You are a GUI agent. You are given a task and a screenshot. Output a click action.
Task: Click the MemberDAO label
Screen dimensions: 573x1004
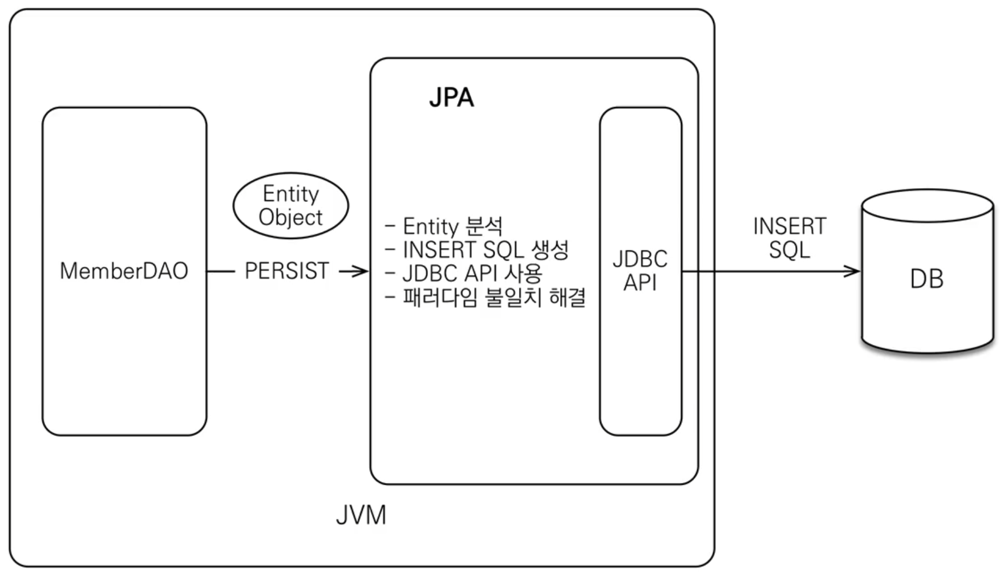tap(124, 271)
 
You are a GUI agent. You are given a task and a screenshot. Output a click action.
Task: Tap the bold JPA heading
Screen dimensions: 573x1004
tap(451, 97)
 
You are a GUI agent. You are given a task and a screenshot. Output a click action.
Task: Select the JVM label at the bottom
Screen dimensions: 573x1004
tap(361, 515)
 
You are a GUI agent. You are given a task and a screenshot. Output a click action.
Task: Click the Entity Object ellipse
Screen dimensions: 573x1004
tap(290, 206)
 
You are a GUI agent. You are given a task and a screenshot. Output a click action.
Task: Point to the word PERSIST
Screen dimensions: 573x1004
tap(286, 271)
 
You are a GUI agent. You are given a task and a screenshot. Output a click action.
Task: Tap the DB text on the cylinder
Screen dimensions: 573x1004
tap(926, 279)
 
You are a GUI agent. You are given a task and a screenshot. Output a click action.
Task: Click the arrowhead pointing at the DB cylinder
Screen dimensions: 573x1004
tap(852, 271)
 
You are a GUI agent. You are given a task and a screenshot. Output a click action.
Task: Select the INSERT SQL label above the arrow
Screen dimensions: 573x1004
tap(790, 238)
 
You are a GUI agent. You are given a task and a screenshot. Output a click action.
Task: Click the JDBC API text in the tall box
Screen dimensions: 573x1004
tap(640, 271)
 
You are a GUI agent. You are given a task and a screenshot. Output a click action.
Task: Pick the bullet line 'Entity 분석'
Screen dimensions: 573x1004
tap(445, 226)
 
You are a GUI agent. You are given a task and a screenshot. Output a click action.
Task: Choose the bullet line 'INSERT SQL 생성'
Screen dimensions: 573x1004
tap(478, 250)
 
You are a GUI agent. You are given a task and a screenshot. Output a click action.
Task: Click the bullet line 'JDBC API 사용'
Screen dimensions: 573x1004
tap(464, 273)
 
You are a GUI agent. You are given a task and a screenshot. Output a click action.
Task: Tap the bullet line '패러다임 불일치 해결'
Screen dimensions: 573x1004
tap(486, 297)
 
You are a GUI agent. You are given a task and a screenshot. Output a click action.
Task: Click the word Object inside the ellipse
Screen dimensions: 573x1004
tap(290, 217)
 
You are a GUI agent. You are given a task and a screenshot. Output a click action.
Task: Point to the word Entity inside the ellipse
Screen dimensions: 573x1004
tap(290, 194)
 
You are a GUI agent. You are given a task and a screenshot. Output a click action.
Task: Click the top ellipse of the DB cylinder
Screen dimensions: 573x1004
tap(928, 206)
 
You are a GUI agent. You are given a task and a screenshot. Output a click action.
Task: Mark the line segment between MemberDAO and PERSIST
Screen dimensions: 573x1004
tap(221, 271)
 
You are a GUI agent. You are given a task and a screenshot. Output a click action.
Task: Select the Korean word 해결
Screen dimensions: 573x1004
tap(567, 297)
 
